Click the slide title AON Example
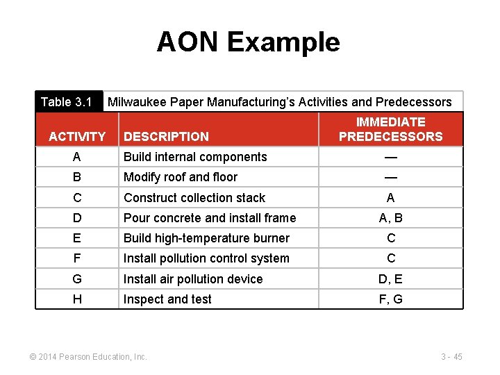tap(248, 42)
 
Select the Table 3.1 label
tap(67, 102)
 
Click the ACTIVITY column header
tap(77, 137)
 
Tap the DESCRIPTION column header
tap(166, 137)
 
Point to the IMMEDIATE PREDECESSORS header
tap(390, 129)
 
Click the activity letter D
tap(77, 218)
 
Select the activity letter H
tap(77, 299)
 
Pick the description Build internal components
tap(195, 157)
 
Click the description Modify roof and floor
tap(181, 177)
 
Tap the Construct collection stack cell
tap(194, 198)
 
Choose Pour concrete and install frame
tap(210, 218)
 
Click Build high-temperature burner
tap(206, 238)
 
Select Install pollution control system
tap(206, 258)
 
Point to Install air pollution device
tap(193, 279)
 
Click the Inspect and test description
tap(167, 299)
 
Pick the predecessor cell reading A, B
tap(391, 218)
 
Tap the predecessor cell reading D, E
tap(391, 279)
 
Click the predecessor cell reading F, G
tap(391, 299)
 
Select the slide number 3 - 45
tap(451, 357)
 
